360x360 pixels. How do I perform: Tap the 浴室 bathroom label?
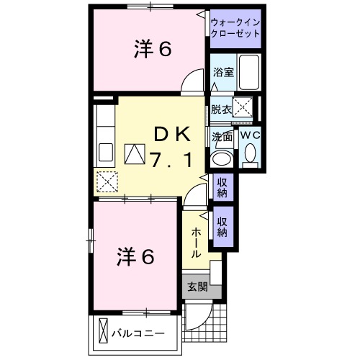tap(222, 71)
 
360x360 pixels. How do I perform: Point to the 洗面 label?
tap(222, 136)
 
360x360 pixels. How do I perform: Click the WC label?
tap(250, 135)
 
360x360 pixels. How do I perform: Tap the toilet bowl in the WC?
tap(250, 153)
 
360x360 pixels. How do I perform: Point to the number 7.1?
tap(171, 160)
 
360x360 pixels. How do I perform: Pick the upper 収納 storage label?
tap(222, 187)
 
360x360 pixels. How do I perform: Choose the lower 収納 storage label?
tap(222, 228)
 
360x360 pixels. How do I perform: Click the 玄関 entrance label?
tap(197, 287)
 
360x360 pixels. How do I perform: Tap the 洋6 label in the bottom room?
tap(135, 256)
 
